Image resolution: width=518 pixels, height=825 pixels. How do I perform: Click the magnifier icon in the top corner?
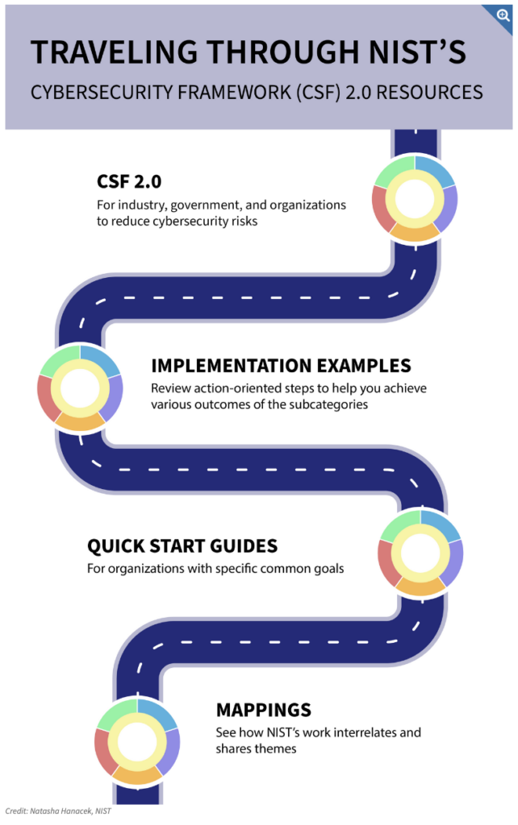503,15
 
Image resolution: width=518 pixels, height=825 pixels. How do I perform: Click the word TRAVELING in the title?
114,52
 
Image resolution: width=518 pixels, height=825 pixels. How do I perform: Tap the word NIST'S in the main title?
417,52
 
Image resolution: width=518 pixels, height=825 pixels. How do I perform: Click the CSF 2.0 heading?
129,181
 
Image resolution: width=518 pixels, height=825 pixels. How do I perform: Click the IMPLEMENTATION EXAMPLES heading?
281,366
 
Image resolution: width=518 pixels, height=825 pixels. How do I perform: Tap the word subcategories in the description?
328,404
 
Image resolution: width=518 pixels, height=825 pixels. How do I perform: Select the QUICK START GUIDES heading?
182,546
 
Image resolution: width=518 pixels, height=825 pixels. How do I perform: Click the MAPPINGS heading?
264,711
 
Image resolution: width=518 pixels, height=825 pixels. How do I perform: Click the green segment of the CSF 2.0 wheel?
395,172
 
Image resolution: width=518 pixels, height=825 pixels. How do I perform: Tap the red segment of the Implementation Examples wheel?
46,398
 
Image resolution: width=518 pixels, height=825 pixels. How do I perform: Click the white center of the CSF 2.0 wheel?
415,200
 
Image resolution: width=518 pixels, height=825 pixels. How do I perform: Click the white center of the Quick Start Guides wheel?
420,553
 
